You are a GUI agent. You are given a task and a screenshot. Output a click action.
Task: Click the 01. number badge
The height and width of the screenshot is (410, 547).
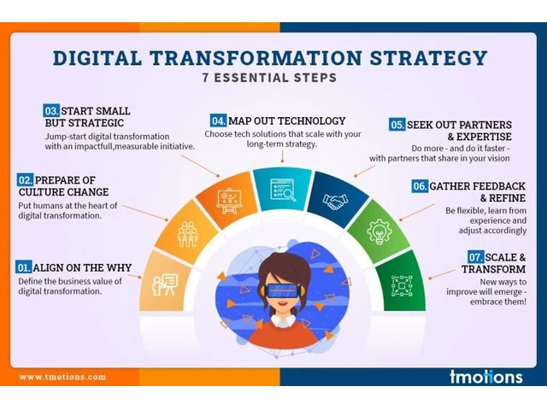[x=23, y=267]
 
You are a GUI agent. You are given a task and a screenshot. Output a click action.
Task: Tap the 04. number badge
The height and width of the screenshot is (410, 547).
[x=218, y=120]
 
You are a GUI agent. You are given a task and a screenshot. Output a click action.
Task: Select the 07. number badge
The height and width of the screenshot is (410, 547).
[x=475, y=257]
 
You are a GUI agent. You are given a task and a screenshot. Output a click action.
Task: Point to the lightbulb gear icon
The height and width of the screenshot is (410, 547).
[x=379, y=231]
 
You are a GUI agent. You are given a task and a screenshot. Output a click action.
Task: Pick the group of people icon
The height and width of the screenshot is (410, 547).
[x=187, y=234]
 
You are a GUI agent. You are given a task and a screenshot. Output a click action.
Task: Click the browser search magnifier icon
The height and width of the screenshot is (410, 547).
[x=283, y=190]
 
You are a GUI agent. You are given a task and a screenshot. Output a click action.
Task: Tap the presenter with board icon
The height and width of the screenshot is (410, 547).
[x=165, y=284]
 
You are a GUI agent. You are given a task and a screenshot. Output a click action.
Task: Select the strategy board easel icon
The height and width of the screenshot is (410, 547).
[x=229, y=201]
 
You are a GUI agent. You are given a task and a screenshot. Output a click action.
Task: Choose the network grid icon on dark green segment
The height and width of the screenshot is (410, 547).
[x=402, y=286]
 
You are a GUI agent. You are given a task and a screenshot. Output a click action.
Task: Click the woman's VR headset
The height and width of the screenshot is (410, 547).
[x=282, y=290]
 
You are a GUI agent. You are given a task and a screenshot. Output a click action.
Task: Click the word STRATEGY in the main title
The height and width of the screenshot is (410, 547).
[x=428, y=58]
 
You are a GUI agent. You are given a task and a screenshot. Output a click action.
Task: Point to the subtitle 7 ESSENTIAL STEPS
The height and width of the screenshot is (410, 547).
[x=270, y=78]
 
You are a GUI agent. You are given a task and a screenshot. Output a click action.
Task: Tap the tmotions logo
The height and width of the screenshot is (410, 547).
[x=486, y=377]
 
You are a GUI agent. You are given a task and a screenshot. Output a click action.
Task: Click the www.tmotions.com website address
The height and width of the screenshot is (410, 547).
[x=62, y=377]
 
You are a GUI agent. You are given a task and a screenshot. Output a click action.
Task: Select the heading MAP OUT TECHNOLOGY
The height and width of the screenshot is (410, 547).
[x=287, y=120]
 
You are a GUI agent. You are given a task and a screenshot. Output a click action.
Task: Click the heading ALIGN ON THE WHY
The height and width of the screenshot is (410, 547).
[x=82, y=267]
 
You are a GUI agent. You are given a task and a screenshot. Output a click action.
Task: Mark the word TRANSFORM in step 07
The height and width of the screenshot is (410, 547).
[x=494, y=269]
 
